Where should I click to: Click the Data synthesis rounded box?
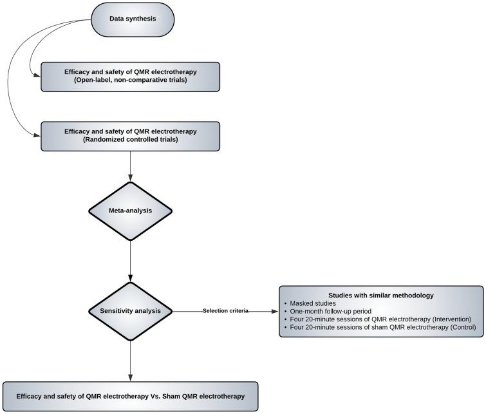pyautogui.click(x=133, y=19)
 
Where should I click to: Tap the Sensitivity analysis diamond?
pyautogui.click(x=131, y=312)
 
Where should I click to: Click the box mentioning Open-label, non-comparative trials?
pyautogui.click(x=131, y=77)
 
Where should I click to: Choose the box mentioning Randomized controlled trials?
pyautogui.click(x=131, y=136)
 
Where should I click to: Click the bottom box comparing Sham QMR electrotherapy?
pyautogui.click(x=131, y=396)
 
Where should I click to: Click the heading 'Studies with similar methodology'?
pyautogui.click(x=382, y=295)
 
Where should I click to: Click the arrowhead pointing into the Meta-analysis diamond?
pyautogui.click(x=131, y=180)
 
